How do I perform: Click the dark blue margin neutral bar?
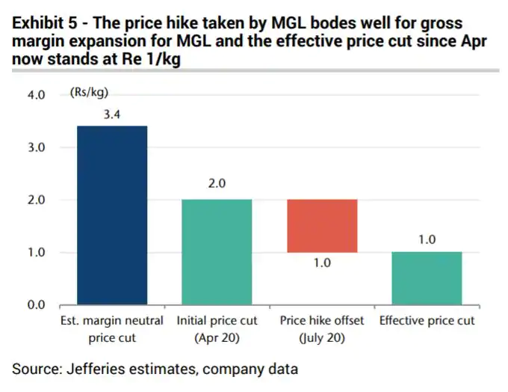[112, 215]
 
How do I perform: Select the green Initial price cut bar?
[217, 252]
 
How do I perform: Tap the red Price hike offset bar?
[322, 226]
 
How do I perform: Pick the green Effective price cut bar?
[427, 278]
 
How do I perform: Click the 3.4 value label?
[112, 114]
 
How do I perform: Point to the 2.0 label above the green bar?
[217, 184]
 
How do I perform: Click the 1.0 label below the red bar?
[322, 263]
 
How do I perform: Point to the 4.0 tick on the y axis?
[37, 95]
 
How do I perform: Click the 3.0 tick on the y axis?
[37, 147]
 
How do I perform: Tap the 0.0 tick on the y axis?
[37, 305]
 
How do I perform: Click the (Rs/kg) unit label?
[89, 93]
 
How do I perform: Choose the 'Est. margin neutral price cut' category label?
[112, 328]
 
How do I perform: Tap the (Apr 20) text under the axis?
[217, 337]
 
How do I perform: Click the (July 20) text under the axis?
[322, 337]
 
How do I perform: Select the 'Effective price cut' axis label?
[427, 321]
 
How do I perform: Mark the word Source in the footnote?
[34, 368]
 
